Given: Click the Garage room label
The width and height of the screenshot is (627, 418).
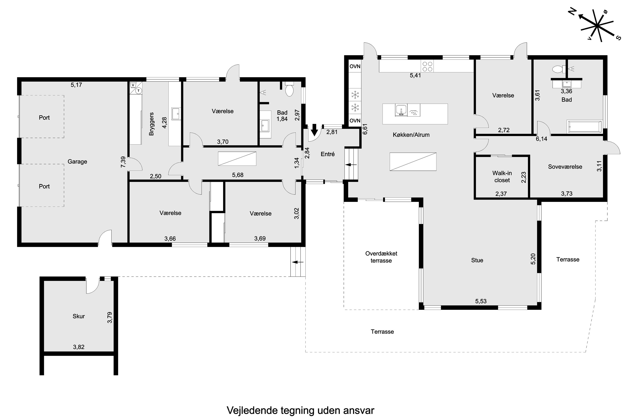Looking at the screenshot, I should pos(77,162).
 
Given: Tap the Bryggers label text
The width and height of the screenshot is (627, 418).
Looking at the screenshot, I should pos(151,124).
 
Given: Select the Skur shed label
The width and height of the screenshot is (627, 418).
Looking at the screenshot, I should pos(79,316).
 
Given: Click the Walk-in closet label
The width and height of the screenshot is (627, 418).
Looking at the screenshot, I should pos(502,176).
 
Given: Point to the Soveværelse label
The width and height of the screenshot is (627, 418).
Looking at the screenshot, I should pos(565,167).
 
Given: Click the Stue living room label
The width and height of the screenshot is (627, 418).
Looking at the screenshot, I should pos(477,260).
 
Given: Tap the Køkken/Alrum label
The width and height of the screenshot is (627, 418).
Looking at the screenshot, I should pos(411,135).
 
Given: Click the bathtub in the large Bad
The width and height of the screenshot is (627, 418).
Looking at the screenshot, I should pos(585,127).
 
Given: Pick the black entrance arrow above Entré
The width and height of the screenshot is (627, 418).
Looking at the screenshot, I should pos(315,130).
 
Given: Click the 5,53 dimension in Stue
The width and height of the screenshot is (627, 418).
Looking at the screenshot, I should pos(481,301).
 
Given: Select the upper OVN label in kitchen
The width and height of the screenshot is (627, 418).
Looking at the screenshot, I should pos(355,66).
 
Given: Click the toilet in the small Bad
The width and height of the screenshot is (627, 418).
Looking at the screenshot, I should pos(289,90).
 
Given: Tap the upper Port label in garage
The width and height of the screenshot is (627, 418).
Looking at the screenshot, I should pos(44,117).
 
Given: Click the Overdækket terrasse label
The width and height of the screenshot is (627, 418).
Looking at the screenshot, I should pos(381,257).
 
